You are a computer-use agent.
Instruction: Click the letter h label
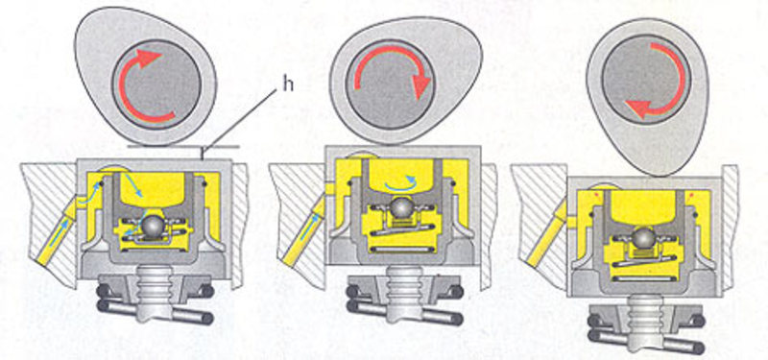tap(289, 84)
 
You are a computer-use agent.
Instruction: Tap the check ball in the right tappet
tap(642, 238)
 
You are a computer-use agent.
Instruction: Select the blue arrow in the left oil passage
tap(60, 231)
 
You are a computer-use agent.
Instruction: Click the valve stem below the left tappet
tap(153, 293)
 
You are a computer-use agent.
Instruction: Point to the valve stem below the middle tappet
tap(401, 293)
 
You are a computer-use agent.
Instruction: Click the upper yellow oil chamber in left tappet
tap(156, 188)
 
